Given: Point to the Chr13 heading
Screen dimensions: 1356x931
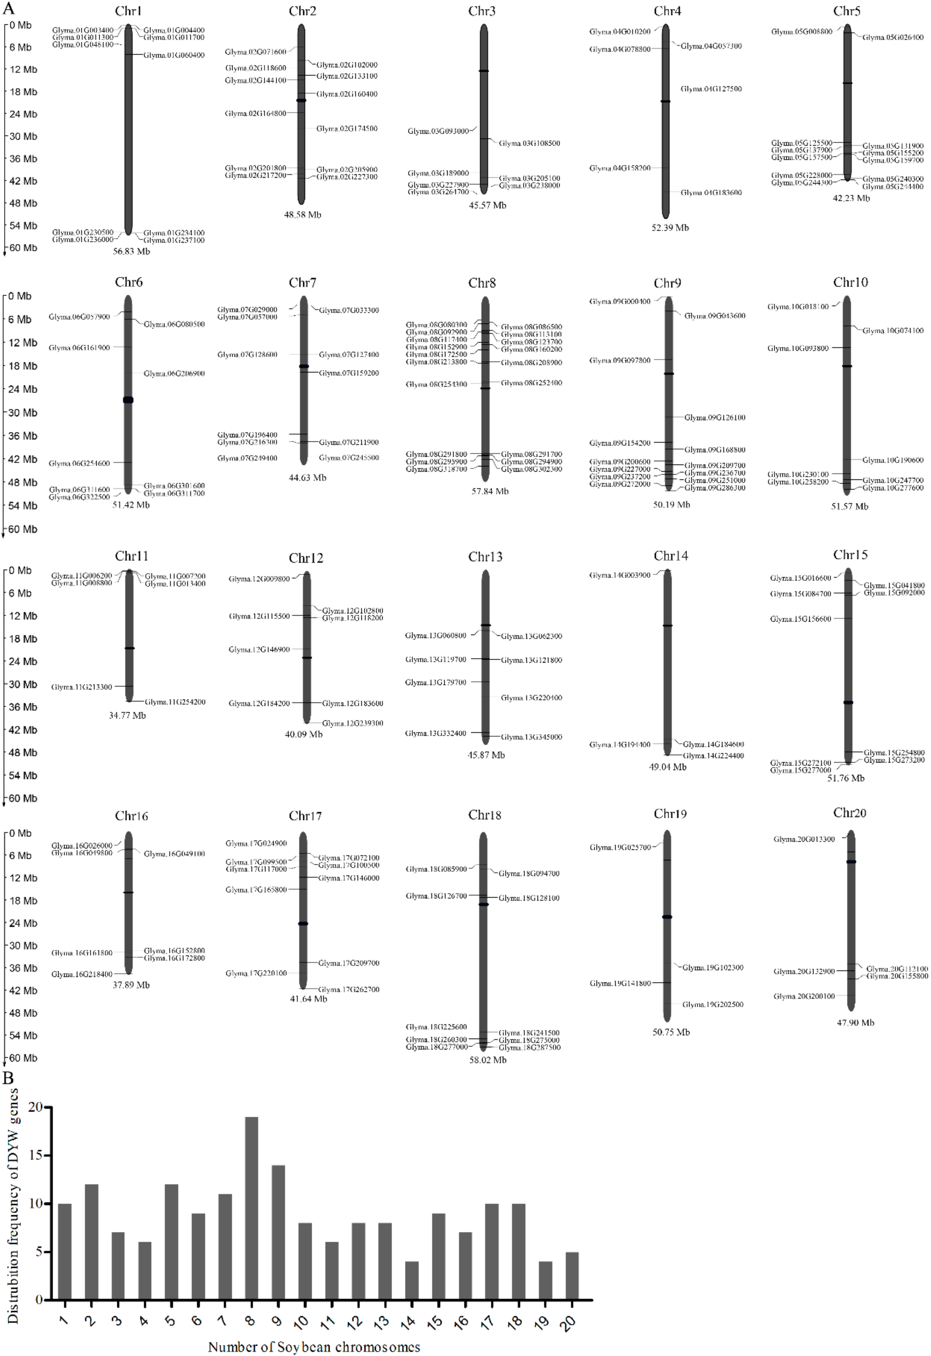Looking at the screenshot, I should (485, 557).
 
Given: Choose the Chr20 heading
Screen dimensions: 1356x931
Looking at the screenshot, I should (849, 813).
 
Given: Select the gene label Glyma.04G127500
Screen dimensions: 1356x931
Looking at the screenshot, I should (711, 89).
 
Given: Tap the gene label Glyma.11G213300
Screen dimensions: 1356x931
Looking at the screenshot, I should (82, 687).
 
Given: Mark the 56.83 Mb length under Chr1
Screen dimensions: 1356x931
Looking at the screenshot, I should (131, 251).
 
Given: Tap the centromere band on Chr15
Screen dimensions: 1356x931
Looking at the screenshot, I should (847, 702).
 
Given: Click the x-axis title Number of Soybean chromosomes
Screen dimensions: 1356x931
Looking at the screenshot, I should (314, 1347).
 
